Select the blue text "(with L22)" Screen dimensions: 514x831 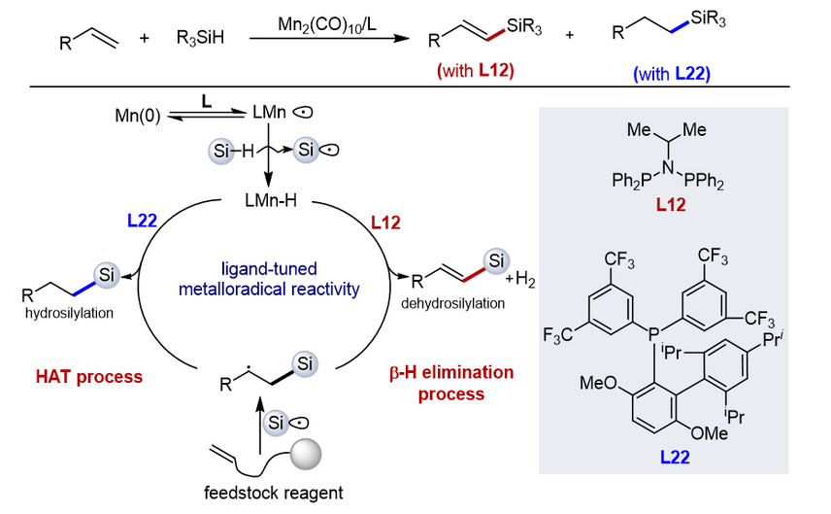coord(670,73)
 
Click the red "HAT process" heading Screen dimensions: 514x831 coord(78,375)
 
